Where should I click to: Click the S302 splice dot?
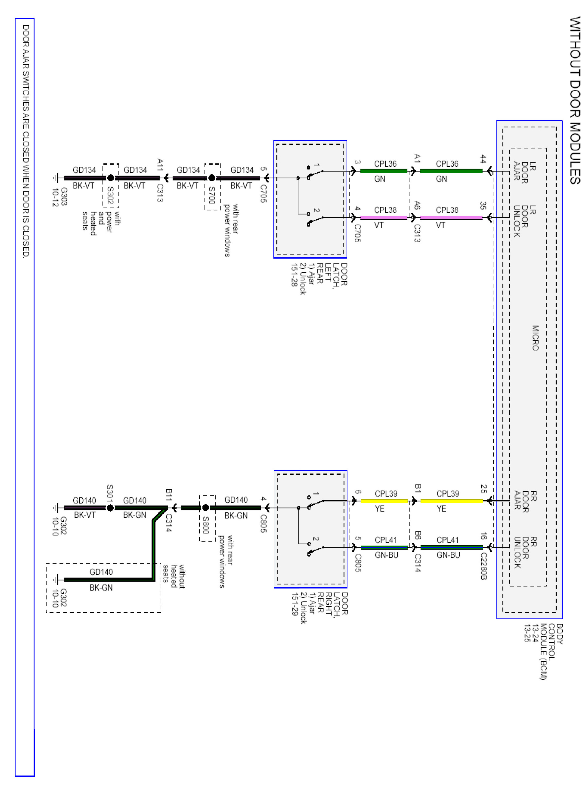click(x=110, y=178)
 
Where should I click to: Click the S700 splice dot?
click(x=212, y=178)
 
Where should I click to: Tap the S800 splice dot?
click(x=205, y=508)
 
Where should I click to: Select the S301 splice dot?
click(x=110, y=508)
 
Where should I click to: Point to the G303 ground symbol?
click(x=57, y=178)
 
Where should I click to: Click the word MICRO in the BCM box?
click(x=535, y=338)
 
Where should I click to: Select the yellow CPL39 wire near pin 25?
click(x=451, y=501)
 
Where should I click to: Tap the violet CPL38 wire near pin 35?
click(x=451, y=218)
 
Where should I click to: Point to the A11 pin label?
click(x=160, y=165)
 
